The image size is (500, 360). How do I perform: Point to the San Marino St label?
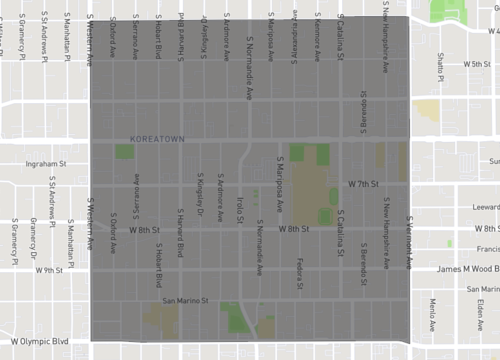coord(184,300)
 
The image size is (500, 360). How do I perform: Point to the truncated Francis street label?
coord(489,250)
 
